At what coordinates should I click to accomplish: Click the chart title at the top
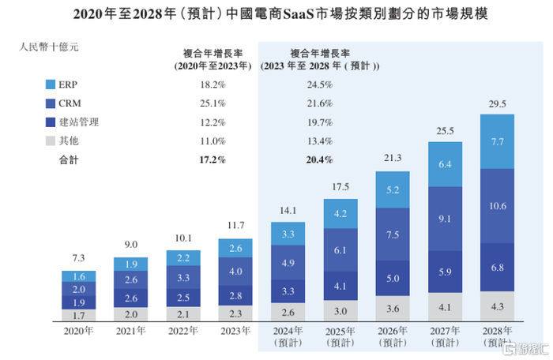276,13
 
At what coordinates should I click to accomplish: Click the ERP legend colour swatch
51,84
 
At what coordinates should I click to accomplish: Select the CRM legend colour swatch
51,103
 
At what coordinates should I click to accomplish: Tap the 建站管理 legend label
82,122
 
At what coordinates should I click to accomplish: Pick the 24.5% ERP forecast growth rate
320,84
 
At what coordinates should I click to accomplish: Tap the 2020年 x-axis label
78,332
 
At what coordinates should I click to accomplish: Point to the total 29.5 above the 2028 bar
497,104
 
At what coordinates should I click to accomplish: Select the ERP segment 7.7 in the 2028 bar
497,142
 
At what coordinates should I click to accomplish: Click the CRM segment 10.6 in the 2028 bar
497,207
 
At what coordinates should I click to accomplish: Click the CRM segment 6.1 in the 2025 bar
340,249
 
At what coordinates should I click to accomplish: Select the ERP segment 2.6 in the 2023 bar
236,249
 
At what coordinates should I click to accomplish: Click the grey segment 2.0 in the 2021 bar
130,313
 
